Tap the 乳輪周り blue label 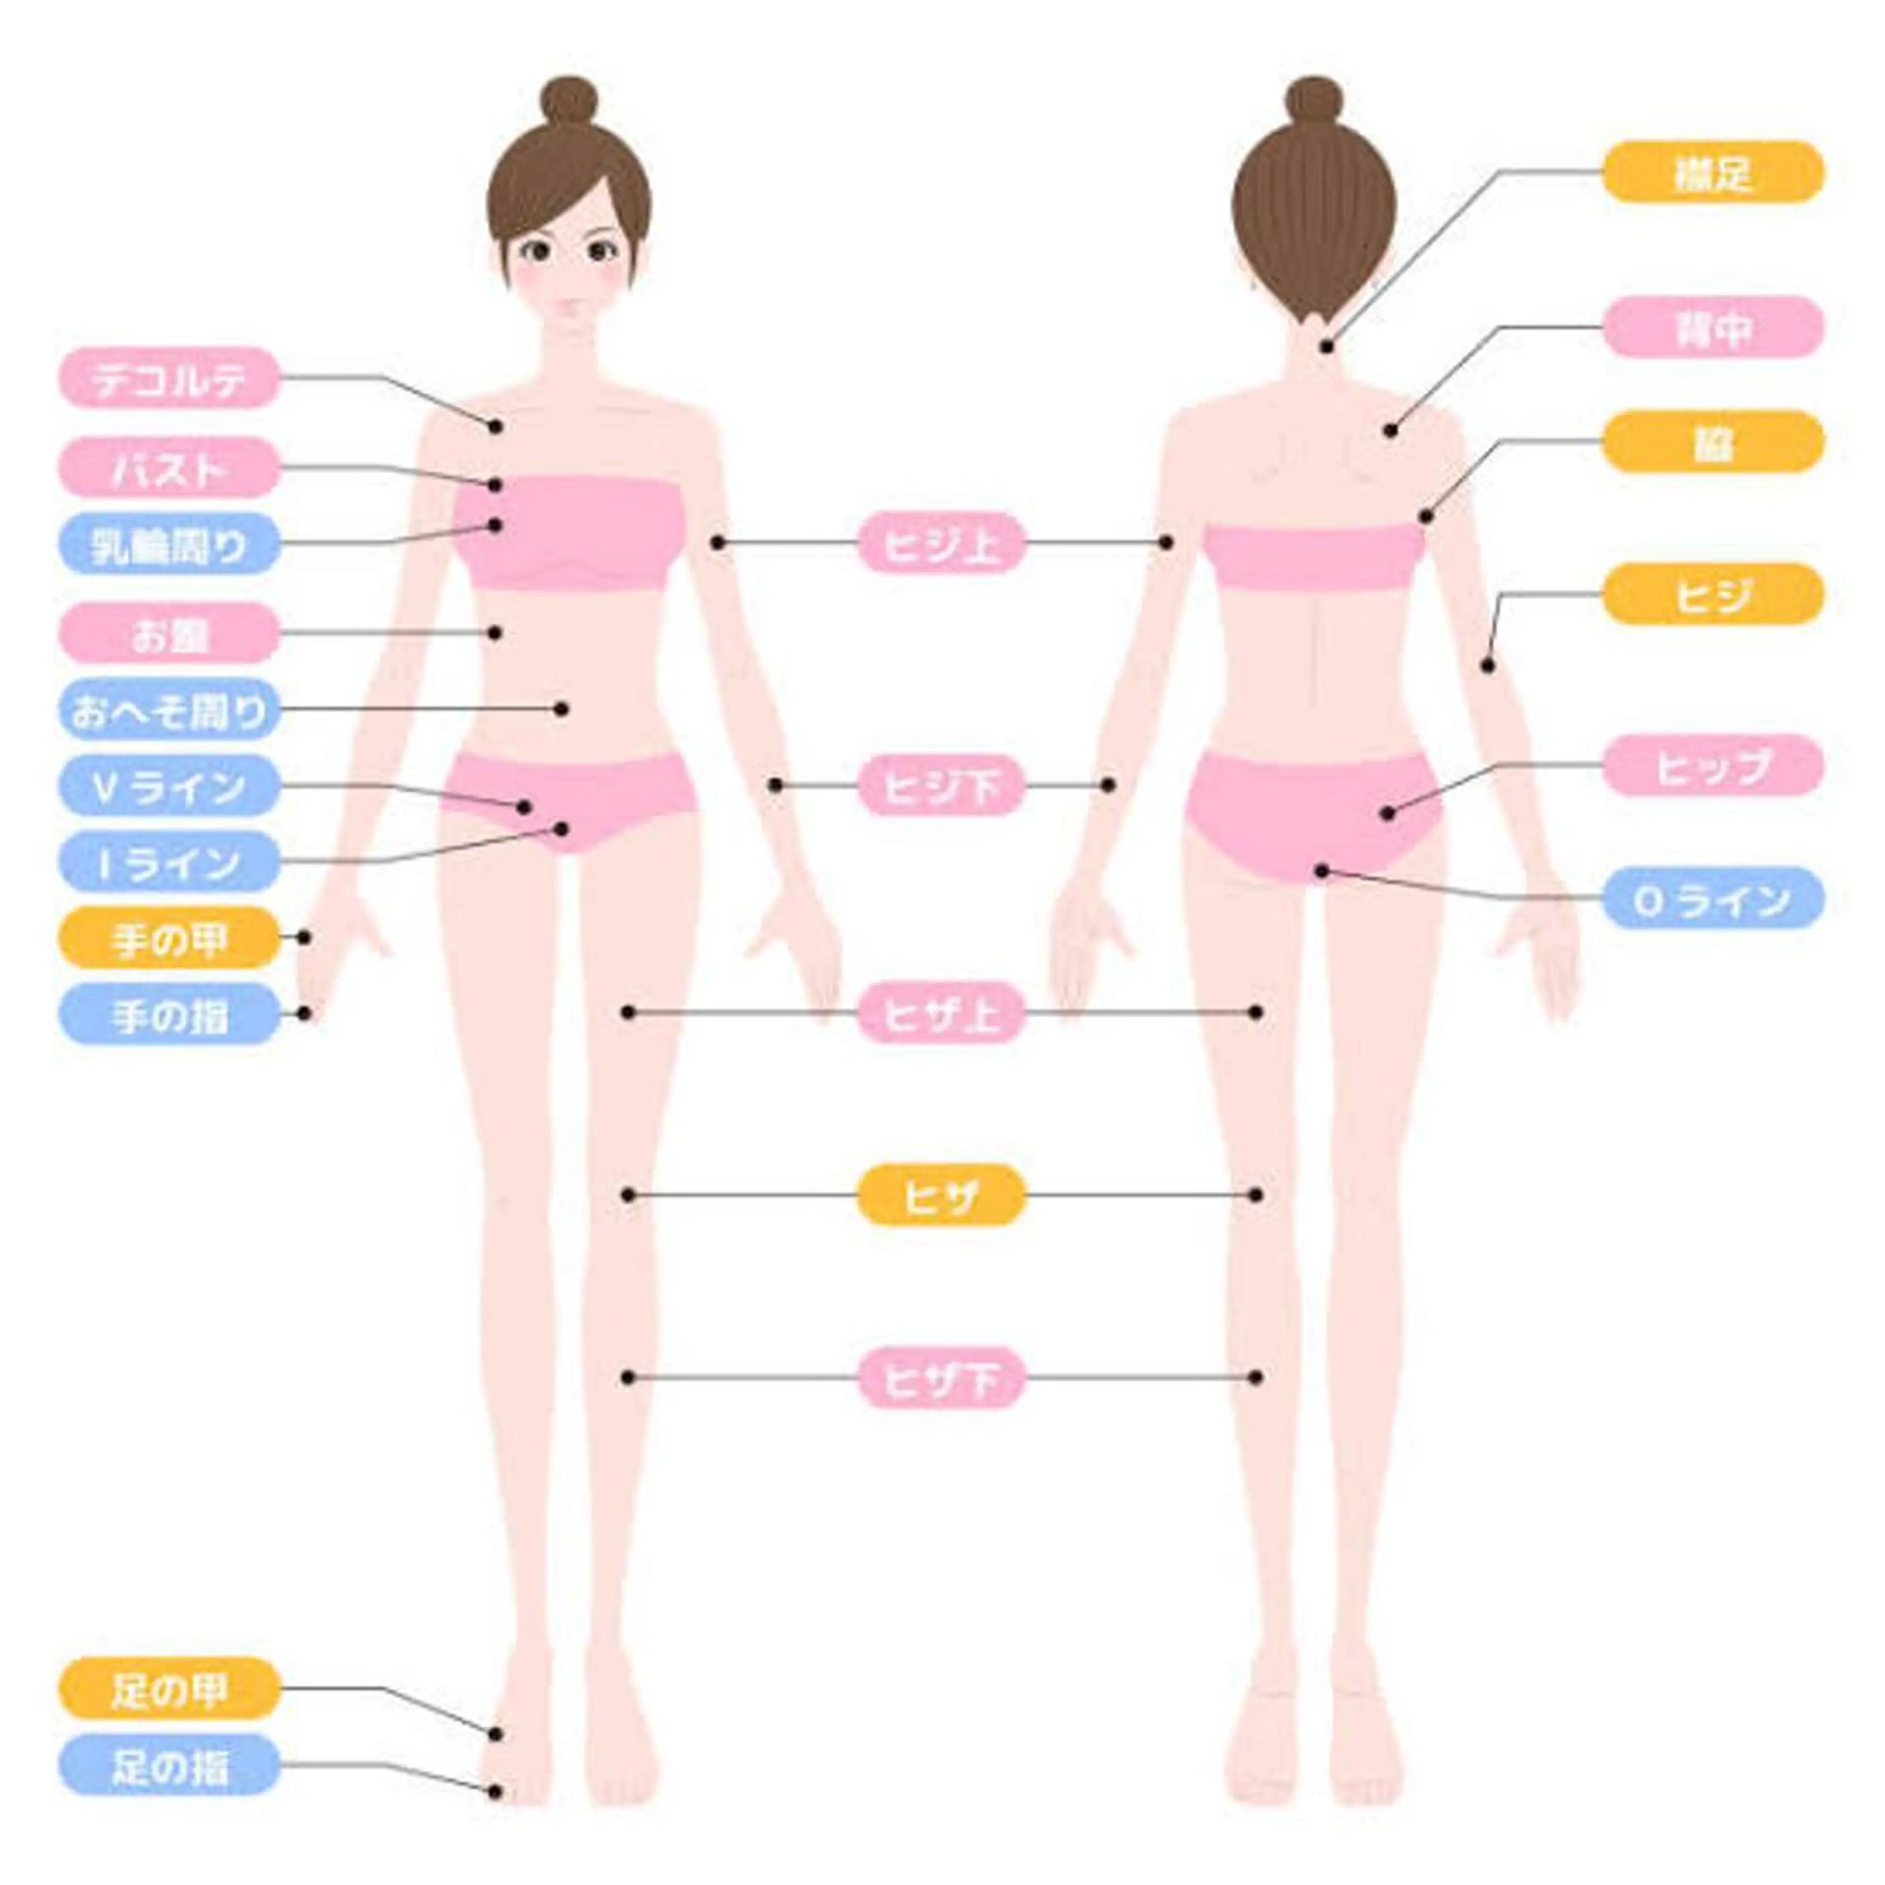[x=170, y=543]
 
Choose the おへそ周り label [x=170, y=709]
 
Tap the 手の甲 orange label [x=170, y=938]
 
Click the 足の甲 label [x=170, y=1687]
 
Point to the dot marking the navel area [x=561, y=708]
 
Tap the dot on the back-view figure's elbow [x=1488, y=666]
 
